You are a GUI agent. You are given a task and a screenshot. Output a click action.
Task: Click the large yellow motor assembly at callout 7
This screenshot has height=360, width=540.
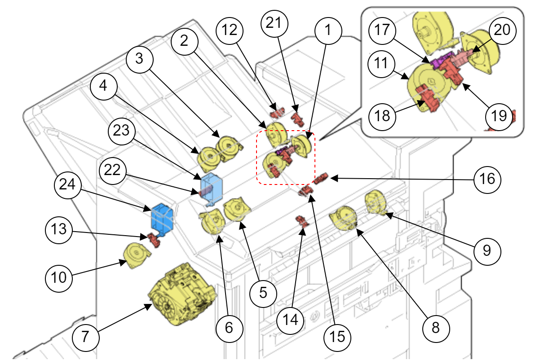(x=182, y=294)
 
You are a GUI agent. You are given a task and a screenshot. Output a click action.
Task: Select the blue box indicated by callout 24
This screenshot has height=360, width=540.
(x=163, y=218)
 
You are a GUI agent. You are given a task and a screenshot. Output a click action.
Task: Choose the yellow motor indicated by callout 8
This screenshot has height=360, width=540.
(x=343, y=217)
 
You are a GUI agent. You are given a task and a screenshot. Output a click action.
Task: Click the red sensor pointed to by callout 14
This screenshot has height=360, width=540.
(x=301, y=220)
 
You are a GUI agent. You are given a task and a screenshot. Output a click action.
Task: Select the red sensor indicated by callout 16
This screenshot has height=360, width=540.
(x=321, y=179)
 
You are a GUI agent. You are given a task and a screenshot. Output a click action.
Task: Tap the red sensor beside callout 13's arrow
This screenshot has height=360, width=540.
(x=152, y=239)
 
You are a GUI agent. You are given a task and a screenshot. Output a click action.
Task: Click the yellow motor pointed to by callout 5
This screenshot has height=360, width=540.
(x=237, y=209)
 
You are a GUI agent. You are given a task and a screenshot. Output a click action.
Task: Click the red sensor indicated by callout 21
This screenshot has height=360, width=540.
(x=296, y=118)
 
